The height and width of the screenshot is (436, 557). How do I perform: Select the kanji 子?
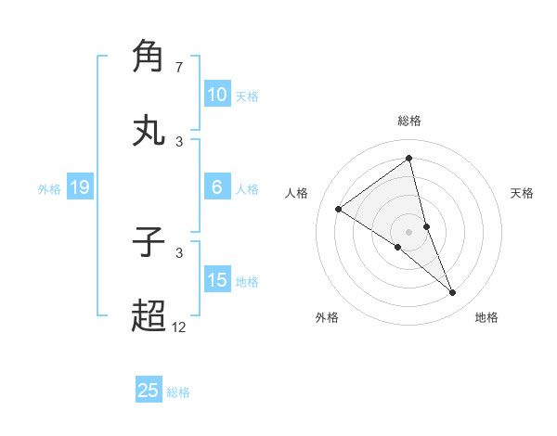pos(149,243)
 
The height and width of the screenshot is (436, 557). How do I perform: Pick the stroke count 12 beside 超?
pos(179,327)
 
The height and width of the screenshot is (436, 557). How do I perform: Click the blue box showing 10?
pos(216,95)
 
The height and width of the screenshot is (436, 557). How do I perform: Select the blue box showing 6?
pos(216,187)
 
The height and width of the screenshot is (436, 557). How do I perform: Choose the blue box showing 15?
pos(216,280)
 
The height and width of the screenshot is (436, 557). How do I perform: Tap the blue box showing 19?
pos(79,187)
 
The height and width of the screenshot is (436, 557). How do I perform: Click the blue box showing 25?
pos(149,391)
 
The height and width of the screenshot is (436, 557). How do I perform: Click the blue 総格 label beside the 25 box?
pos(178,392)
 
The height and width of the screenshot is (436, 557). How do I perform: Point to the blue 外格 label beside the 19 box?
pos(49,189)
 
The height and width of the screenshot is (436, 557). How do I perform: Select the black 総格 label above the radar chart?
pos(409,121)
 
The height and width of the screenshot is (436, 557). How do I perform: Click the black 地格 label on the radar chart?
pos(486,317)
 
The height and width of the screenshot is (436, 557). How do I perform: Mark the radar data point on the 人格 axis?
pos(338,209)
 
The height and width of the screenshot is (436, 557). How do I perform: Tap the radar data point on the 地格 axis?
pos(453,293)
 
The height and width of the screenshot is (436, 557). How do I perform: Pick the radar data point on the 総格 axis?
pos(409,159)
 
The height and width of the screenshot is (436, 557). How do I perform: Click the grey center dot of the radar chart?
pos(409,231)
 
